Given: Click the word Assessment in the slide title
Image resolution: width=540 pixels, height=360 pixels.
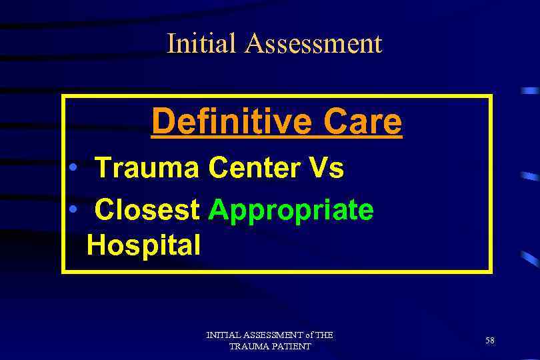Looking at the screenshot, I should pyautogui.click(x=313, y=43).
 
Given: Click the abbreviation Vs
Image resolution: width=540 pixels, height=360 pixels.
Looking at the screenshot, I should pyautogui.click(x=326, y=168).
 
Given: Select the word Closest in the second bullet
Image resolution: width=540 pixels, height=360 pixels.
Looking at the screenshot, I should pyautogui.click(x=147, y=210).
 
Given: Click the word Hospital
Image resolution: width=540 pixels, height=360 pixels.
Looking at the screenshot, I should pyautogui.click(x=143, y=245).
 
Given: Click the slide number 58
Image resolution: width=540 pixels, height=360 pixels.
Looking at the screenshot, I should pyautogui.click(x=490, y=341).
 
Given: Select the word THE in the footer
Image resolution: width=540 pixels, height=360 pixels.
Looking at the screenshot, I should pyautogui.click(x=323, y=335).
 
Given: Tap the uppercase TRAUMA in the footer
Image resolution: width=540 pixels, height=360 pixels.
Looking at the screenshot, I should pyautogui.click(x=248, y=347).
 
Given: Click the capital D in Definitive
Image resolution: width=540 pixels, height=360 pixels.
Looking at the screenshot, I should pyautogui.click(x=160, y=121).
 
